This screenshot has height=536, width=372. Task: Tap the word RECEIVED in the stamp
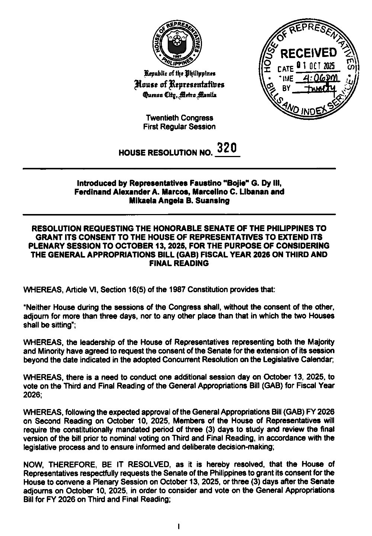click(x=308, y=54)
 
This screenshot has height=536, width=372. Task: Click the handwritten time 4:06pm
click(x=319, y=78)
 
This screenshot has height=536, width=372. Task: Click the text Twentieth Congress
click(x=180, y=118)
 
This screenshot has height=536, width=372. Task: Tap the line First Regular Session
click(x=179, y=127)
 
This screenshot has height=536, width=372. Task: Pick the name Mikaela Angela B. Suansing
click(x=179, y=201)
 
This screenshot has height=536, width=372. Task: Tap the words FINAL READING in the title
click(x=179, y=264)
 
